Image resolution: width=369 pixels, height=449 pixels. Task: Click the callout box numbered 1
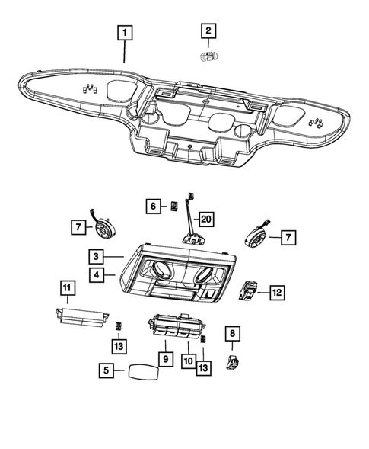pos(123,33)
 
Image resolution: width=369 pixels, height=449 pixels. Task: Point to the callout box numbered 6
pos(152,206)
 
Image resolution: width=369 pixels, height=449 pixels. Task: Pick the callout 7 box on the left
pos(78,226)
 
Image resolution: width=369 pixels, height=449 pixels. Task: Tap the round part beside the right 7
pos(255,233)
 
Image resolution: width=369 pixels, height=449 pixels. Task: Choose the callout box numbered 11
pos(68,288)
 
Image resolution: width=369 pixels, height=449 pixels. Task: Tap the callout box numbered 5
pos(107,371)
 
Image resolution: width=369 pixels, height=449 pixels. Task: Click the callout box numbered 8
pos(233,333)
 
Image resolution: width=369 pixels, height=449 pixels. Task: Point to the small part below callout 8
pos(234,360)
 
